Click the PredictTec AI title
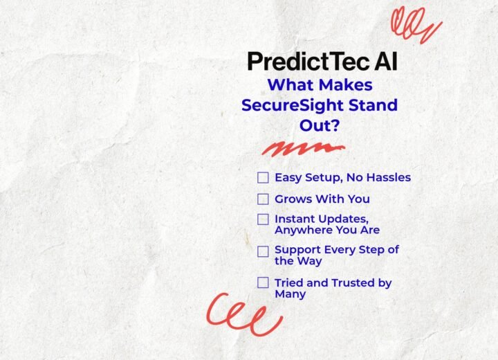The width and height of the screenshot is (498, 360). (322, 62)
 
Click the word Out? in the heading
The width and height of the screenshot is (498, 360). (320, 125)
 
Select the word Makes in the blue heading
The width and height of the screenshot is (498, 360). (346, 85)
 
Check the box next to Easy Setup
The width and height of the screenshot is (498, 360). (263, 177)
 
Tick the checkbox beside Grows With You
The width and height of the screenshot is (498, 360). (263, 199)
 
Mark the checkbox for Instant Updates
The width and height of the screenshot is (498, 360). (263, 219)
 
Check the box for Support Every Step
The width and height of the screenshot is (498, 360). (263, 251)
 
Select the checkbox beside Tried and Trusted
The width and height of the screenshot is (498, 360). (263, 282)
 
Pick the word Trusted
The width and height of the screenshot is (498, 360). (353, 282)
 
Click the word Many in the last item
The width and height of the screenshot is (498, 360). (290, 294)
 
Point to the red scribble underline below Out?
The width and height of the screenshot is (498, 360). (304, 149)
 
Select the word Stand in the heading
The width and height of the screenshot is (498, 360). (373, 105)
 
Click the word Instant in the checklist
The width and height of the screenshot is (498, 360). (295, 219)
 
